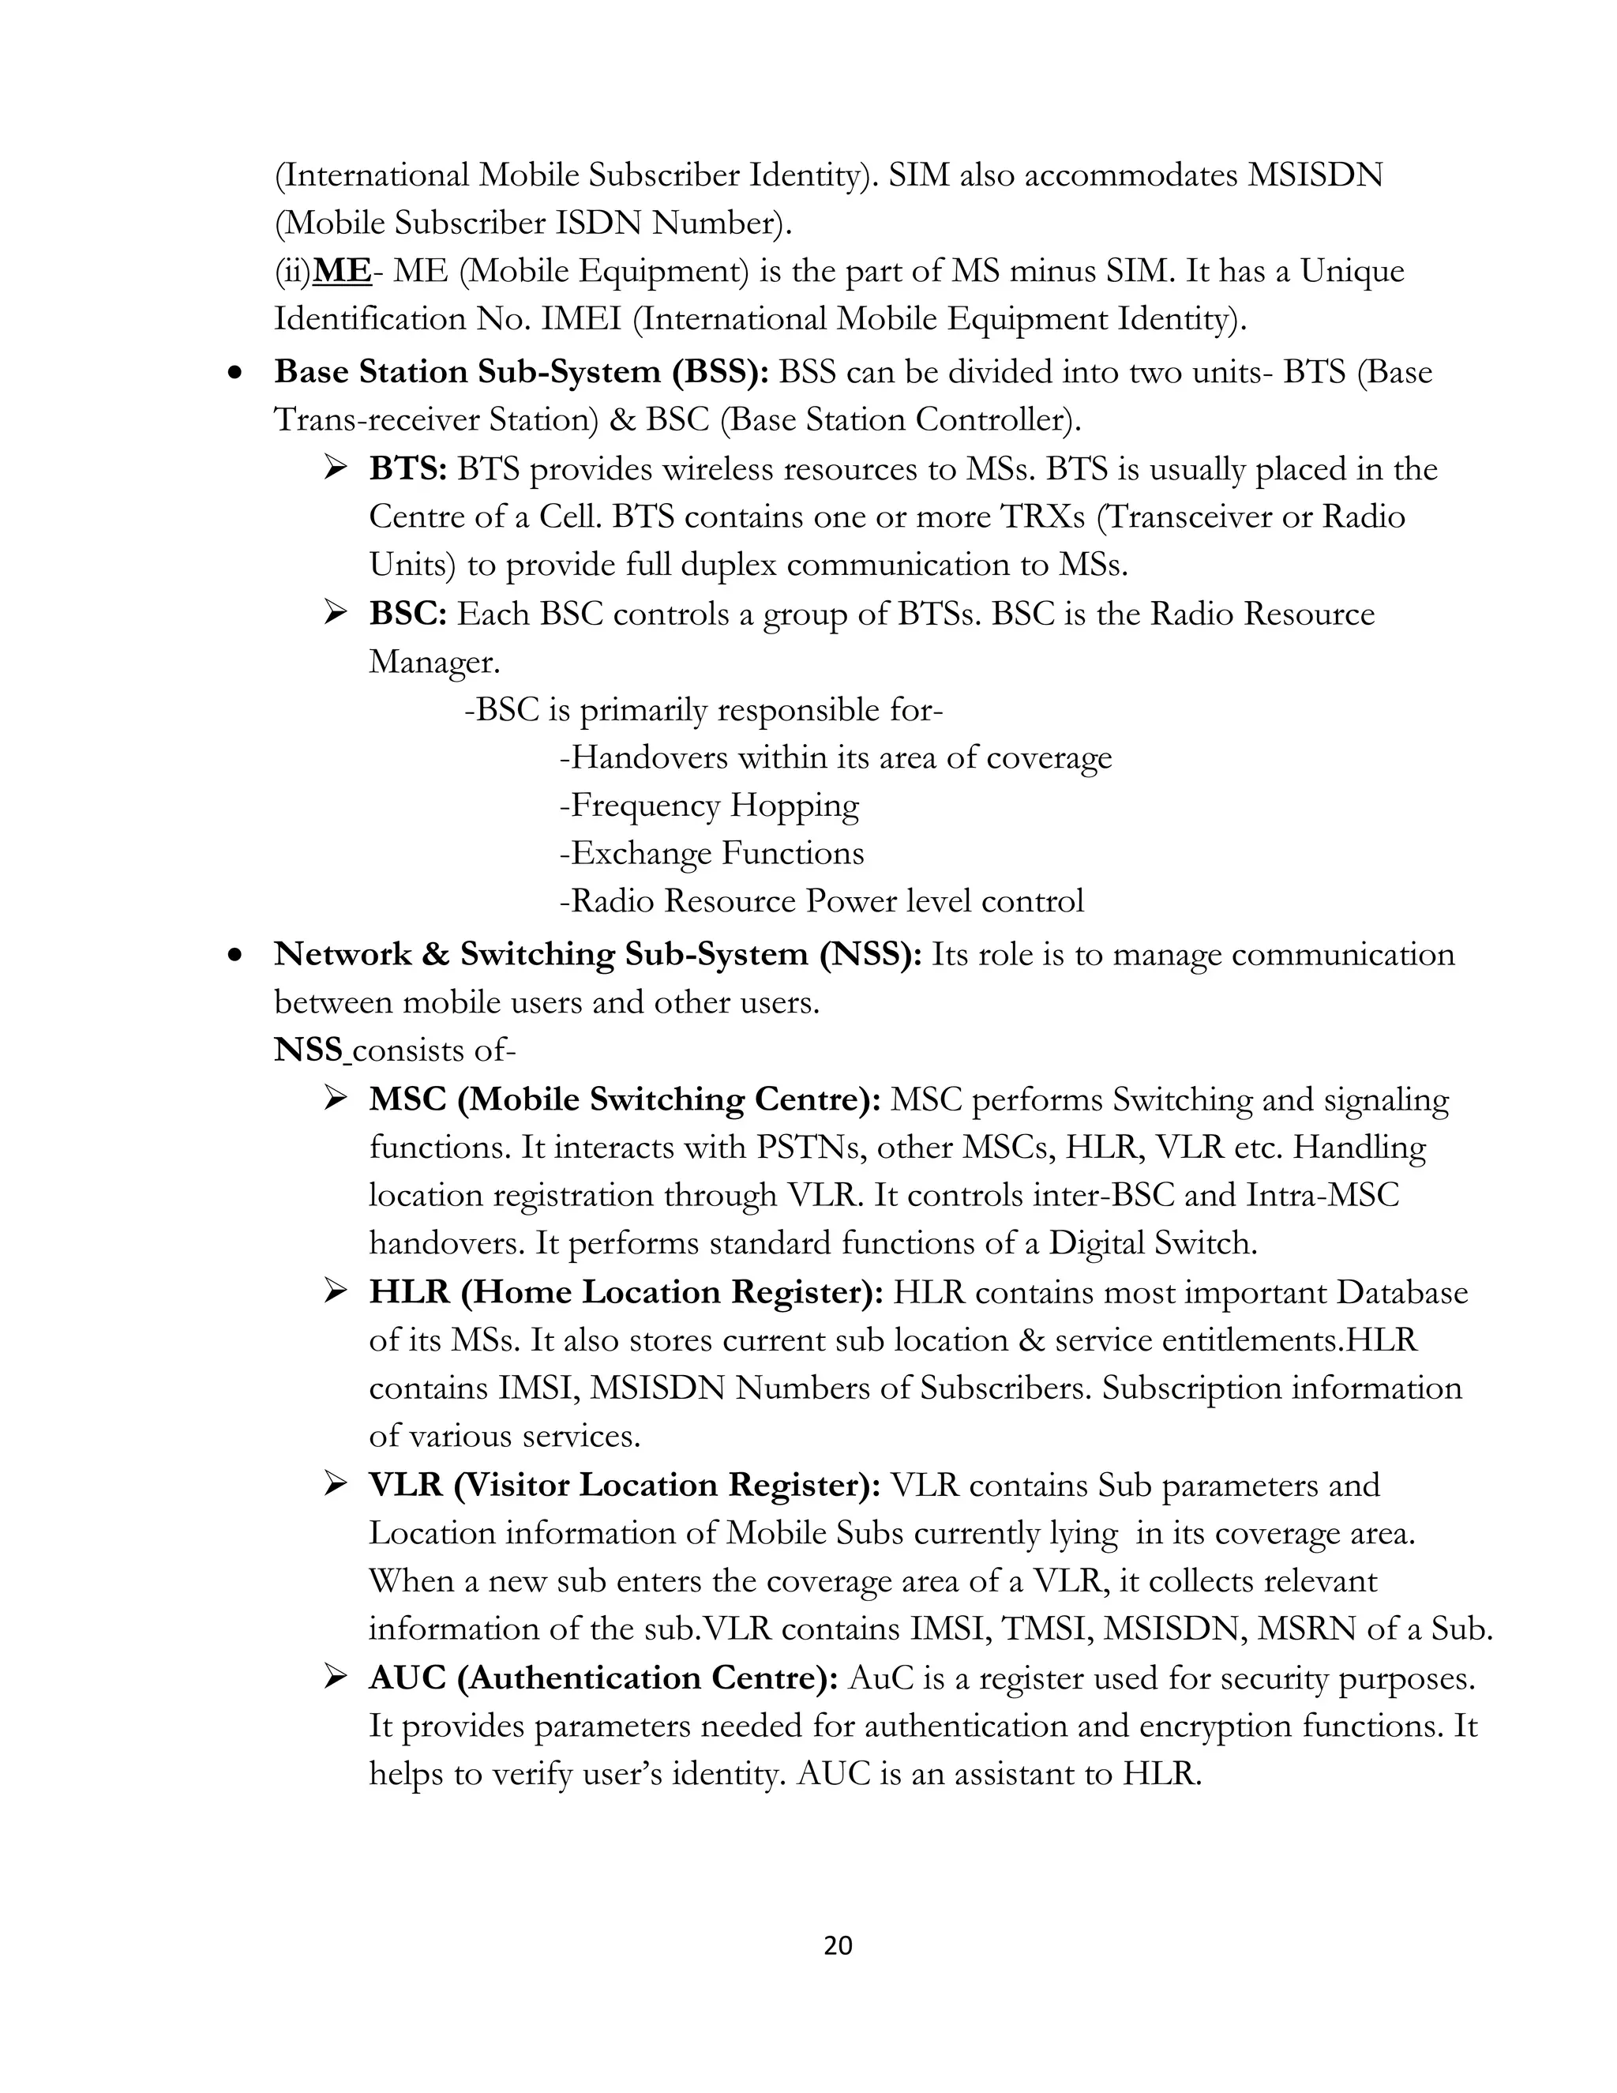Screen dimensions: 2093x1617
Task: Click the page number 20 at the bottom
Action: (837, 1945)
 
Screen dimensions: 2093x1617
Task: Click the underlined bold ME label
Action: (342, 271)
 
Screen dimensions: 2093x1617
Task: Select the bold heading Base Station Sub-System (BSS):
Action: (521, 372)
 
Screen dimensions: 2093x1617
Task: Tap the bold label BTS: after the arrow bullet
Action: (408, 470)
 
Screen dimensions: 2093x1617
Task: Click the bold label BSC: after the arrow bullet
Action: (408, 614)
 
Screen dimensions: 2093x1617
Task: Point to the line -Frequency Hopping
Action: (709, 806)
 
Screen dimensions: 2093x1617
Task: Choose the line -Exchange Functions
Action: (711, 854)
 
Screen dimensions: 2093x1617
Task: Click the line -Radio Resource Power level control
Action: (821, 902)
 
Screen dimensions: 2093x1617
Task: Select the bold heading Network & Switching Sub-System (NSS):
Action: (598, 955)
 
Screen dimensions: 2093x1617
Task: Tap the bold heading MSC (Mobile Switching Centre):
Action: (625, 1099)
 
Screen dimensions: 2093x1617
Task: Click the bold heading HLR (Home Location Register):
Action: (626, 1293)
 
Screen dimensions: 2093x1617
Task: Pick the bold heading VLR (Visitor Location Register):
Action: (625, 1486)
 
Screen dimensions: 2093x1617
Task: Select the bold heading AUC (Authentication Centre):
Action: (603, 1678)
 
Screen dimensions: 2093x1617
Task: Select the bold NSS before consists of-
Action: (309, 1050)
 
